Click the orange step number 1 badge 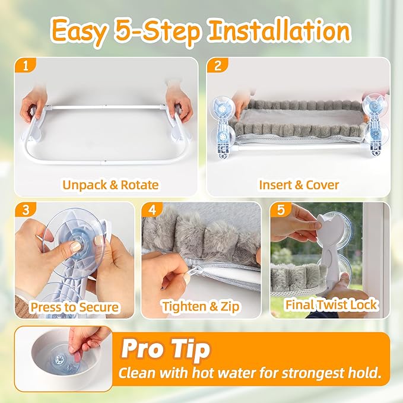(x=25, y=66)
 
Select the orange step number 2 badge (x=217, y=66)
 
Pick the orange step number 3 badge (x=26, y=210)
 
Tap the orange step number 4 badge (x=152, y=210)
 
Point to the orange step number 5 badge (x=281, y=210)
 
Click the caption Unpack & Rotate (x=110, y=185)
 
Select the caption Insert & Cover (x=299, y=185)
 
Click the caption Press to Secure (x=75, y=307)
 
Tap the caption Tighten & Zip (x=201, y=307)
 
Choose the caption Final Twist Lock (x=331, y=305)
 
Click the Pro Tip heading (x=166, y=349)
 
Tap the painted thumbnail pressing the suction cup (x=76, y=247)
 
